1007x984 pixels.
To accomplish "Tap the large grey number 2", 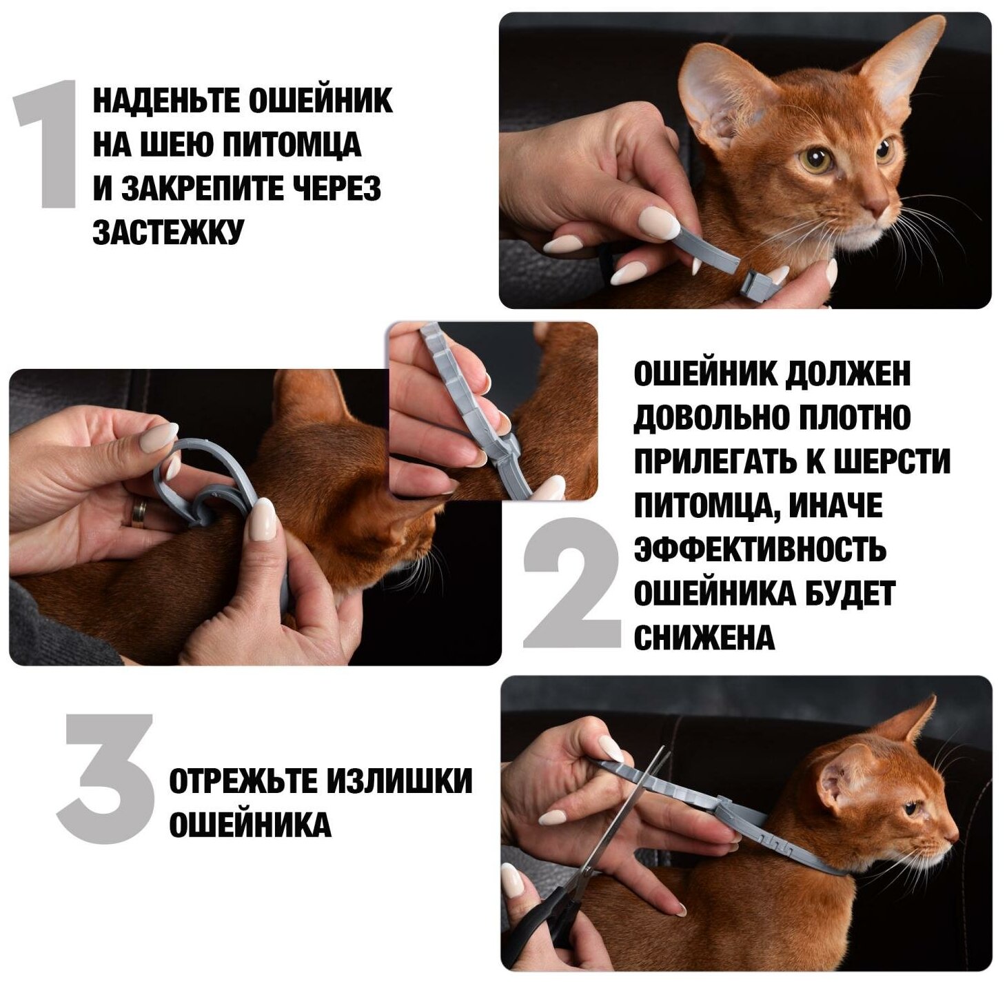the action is [573, 583].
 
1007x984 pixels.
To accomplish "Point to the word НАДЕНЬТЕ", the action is [167, 101].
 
